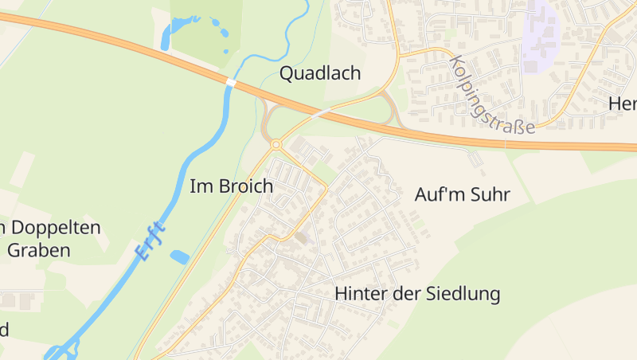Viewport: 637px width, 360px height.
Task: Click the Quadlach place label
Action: pyautogui.click(x=320, y=74)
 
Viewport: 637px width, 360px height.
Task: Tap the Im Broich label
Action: pyautogui.click(x=231, y=186)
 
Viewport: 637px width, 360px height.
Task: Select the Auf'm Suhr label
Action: pyautogui.click(x=462, y=194)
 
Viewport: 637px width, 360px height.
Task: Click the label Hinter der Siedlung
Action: pyautogui.click(x=417, y=294)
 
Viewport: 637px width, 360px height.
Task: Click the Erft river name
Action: pyautogui.click(x=151, y=241)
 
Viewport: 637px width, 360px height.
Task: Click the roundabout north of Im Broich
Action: pyautogui.click(x=276, y=144)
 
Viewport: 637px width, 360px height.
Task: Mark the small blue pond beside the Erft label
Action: pyautogui.click(x=180, y=256)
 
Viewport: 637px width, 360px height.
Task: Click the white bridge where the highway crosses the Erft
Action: pyautogui.click(x=231, y=82)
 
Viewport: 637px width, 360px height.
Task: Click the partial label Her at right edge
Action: pyautogui.click(x=622, y=104)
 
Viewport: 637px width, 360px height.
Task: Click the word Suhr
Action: pyautogui.click(x=490, y=194)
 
